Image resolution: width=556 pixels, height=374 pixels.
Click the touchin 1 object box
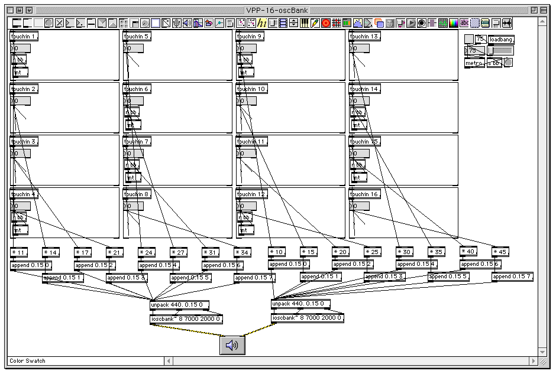[x=24, y=37]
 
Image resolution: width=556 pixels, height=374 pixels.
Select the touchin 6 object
[x=137, y=89]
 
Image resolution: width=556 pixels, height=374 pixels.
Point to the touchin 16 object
[x=364, y=194]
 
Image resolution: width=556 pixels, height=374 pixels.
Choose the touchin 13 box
[x=364, y=37]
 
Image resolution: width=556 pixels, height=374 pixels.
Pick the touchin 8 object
[x=137, y=194]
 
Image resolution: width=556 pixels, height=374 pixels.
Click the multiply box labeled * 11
[x=20, y=252]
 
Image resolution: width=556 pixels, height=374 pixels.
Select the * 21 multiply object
[x=115, y=252]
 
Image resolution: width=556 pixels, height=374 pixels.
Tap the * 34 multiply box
[x=243, y=252]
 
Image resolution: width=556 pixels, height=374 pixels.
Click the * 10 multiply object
[x=276, y=252]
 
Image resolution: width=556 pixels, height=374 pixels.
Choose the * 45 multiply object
[x=500, y=252]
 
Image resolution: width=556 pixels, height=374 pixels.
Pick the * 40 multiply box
[x=468, y=252]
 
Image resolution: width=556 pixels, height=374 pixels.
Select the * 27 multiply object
[x=179, y=252]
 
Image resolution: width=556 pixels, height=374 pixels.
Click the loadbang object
[x=502, y=40]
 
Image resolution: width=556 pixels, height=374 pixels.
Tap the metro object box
[x=474, y=63]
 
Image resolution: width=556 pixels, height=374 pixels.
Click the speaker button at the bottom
[x=232, y=345]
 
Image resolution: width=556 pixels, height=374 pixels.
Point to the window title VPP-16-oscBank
[x=277, y=10]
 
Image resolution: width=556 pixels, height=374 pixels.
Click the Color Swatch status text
[x=27, y=361]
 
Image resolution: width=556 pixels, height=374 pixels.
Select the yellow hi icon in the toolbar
[x=261, y=23]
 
